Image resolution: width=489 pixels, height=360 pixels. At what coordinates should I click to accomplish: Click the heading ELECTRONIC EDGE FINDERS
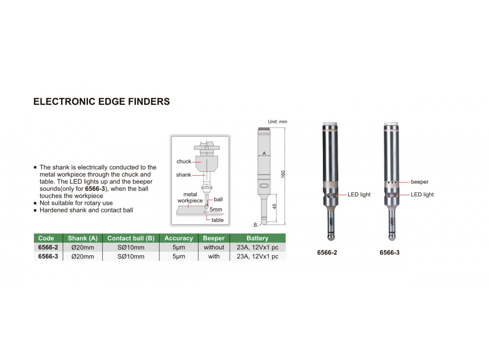[x=102, y=101]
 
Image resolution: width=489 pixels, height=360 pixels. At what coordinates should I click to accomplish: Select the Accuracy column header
[x=178, y=238]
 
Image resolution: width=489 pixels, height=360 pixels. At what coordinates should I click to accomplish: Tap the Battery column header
[x=257, y=238]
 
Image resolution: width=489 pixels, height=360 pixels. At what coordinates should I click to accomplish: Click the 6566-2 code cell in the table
[x=48, y=247]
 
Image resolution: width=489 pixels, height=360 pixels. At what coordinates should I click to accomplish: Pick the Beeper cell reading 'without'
[x=214, y=247]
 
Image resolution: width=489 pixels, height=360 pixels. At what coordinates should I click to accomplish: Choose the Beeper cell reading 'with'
[x=214, y=256]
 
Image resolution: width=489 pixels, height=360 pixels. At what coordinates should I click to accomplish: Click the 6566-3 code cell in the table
[x=48, y=256]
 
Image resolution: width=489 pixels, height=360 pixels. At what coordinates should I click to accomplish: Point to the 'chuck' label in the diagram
[x=184, y=161]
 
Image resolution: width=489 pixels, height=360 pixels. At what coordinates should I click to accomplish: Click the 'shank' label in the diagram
[x=183, y=175]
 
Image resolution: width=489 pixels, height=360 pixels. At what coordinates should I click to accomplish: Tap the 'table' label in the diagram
[x=218, y=220]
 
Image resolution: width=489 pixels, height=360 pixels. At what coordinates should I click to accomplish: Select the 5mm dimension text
[x=216, y=209]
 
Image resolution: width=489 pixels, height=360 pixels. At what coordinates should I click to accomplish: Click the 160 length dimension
[x=283, y=174]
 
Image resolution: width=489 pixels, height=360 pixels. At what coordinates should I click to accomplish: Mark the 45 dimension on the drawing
[x=274, y=206]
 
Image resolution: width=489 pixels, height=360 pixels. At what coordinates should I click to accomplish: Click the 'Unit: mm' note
[x=278, y=122]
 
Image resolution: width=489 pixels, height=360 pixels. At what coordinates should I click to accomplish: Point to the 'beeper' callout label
[x=420, y=182]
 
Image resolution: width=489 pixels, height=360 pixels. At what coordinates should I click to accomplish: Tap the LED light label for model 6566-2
[x=359, y=194]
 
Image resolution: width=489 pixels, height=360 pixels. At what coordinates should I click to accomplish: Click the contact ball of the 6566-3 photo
[x=392, y=237]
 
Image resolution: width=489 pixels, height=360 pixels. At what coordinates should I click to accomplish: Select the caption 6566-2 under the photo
[x=327, y=253]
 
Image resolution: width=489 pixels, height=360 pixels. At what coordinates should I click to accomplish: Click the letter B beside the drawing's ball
[x=255, y=225]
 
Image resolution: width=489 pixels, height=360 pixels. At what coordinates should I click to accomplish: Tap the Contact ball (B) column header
[x=131, y=238]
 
